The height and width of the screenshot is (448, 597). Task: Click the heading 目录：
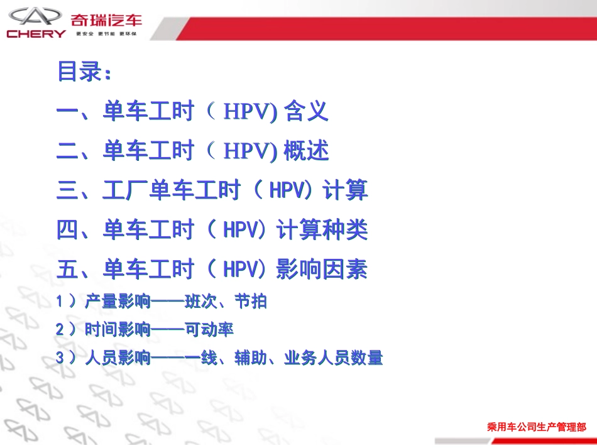click(x=85, y=72)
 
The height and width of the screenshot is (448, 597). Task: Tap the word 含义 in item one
click(x=307, y=112)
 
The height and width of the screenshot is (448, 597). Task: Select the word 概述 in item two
click(x=307, y=151)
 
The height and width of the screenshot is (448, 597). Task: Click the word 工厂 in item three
click(x=125, y=190)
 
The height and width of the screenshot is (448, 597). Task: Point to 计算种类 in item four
click(x=322, y=230)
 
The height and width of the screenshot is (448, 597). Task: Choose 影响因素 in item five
click(x=322, y=270)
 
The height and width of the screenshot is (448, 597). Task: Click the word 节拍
click(x=250, y=302)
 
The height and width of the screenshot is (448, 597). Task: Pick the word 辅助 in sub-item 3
click(x=250, y=358)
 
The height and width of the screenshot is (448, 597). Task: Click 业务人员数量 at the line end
click(x=333, y=358)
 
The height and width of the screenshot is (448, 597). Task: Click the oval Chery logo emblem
click(x=35, y=16)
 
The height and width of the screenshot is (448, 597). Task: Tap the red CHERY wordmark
click(x=36, y=34)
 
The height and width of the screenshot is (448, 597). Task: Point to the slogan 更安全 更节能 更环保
click(x=106, y=33)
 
